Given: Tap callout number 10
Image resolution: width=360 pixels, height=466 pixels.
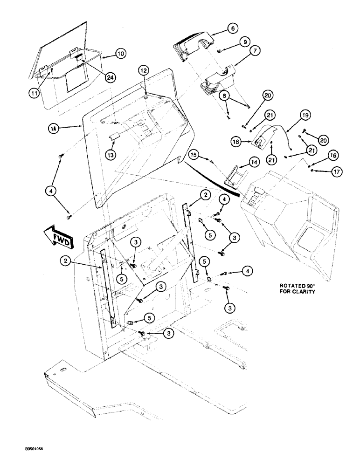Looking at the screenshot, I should [x=120, y=54].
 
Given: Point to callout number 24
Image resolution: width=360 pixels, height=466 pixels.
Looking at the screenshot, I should [x=111, y=77].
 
